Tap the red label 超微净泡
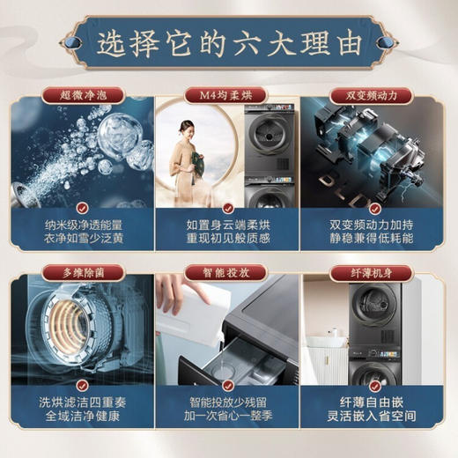[x=79, y=94]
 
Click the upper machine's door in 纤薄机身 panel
[x=370, y=321]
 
